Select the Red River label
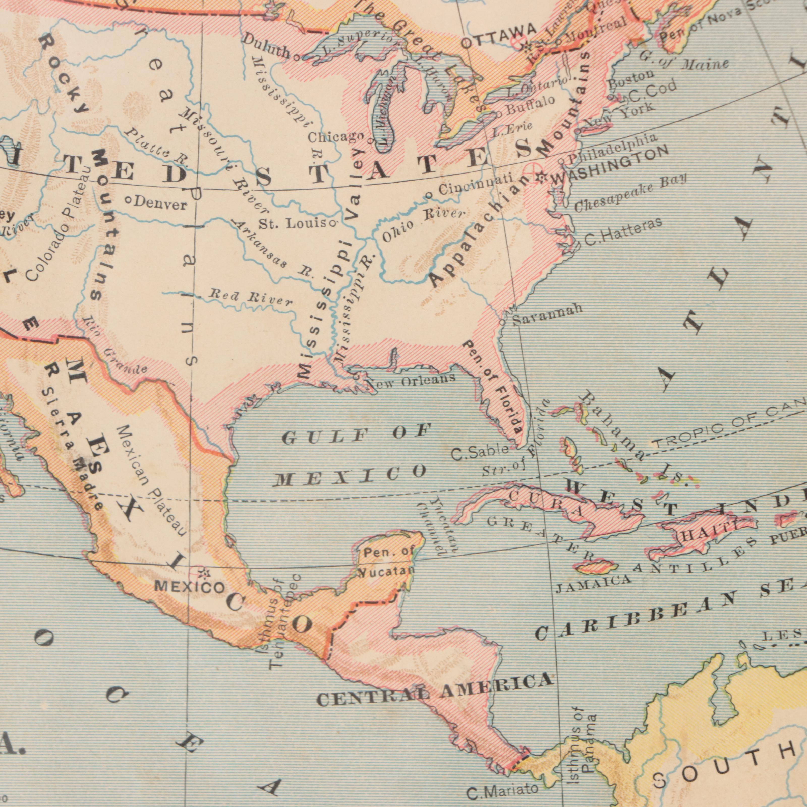pos(251,297)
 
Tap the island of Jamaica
pos(596,567)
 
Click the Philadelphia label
pos(612,149)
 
